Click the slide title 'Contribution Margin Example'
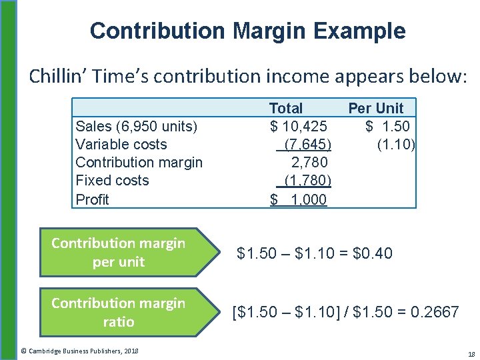coord(247,31)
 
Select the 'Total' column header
coord(285,108)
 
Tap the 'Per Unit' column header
coord(375,108)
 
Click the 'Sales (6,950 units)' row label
coord(136,127)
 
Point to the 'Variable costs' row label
coord(121,145)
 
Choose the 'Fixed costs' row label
coord(112,181)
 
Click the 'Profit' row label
coord(92,199)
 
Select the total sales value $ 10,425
coord(298,127)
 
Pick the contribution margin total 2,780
coord(309,162)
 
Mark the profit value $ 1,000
coord(299,199)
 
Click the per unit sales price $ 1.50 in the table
coord(387,127)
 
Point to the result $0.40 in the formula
coord(373,253)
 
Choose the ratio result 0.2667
coord(436,312)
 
